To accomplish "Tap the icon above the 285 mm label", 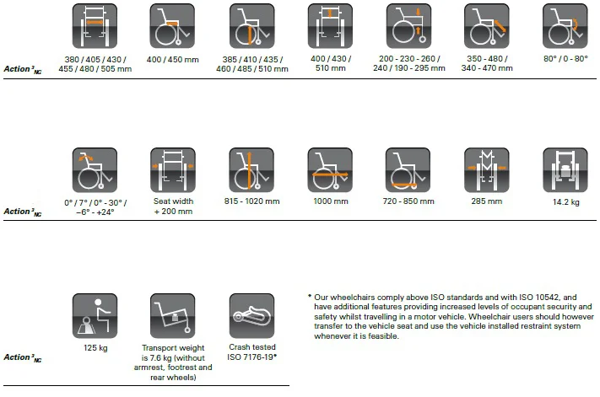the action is (x=487, y=171).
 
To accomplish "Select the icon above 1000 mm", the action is (x=330, y=171).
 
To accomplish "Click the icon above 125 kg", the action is (x=95, y=316).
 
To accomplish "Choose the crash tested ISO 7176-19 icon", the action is (x=251, y=316).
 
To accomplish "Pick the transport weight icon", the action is (x=173, y=316).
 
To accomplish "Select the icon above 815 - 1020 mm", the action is (x=251, y=171).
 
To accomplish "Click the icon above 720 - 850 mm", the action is (x=408, y=171).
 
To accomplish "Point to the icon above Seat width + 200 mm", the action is (x=173, y=171).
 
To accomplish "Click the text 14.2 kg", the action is (x=565, y=202).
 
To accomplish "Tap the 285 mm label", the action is (x=487, y=202).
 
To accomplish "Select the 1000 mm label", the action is (x=330, y=202).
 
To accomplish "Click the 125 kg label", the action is (x=95, y=346).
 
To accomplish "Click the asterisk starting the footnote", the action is (x=310, y=298).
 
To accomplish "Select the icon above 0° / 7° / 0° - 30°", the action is (x=95, y=171).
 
